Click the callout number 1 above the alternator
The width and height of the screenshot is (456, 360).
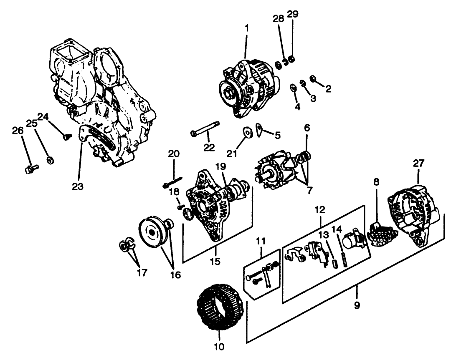246,28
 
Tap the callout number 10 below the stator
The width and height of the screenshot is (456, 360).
219,346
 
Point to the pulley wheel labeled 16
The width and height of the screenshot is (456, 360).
149,234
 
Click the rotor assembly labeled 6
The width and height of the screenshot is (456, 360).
277,174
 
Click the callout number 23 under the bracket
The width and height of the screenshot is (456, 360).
77,186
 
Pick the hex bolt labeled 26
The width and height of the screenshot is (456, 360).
30,169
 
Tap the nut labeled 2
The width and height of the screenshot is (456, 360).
313,78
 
